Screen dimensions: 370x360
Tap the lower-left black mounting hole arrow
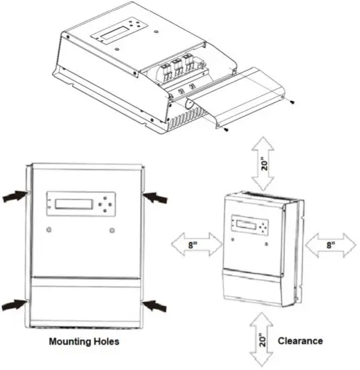(14, 305)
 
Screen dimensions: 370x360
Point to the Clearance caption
(300, 341)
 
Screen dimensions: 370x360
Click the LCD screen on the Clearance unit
(242, 223)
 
